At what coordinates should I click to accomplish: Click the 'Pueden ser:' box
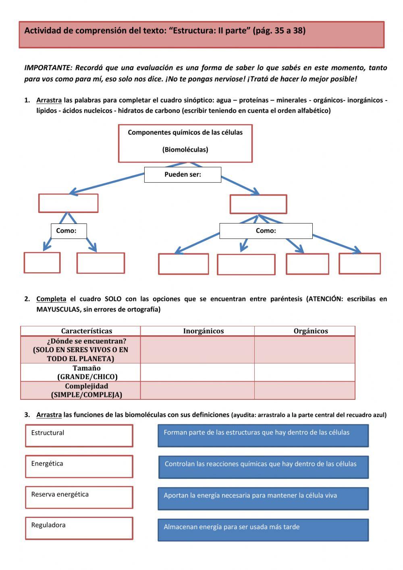click(x=183, y=175)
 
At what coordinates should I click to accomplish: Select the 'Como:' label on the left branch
click(x=69, y=231)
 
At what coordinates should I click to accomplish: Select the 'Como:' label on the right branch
click(x=266, y=231)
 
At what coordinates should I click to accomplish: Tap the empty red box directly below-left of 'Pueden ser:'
click(x=68, y=203)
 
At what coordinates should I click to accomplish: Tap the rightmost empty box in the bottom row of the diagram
click(x=359, y=264)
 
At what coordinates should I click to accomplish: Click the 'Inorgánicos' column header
click(x=203, y=331)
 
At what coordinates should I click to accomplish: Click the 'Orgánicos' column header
click(x=310, y=331)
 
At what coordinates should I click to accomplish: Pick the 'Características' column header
click(x=86, y=331)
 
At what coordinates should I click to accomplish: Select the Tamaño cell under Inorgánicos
click(x=197, y=372)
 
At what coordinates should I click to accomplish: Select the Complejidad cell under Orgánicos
click(x=304, y=390)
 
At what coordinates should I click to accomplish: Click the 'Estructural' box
click(x=79, y=436)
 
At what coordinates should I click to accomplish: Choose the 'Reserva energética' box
click(x=79, y=497)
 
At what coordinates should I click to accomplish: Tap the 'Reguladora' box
click(x=79, y=528)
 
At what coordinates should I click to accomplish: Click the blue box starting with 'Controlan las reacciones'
click(x=263, y=467)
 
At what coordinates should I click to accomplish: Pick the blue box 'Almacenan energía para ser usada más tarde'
click(x=263, y=530)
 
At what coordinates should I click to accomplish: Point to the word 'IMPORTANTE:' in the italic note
click(x=48, y=68)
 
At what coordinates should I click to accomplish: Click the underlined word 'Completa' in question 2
click(x=51, y=299)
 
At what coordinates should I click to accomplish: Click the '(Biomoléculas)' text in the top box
click(x=185, y=150)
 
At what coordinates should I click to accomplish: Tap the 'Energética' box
click(x=79, y=467)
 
